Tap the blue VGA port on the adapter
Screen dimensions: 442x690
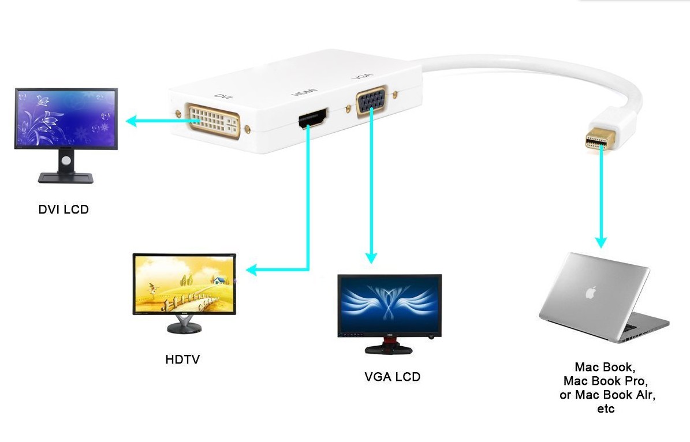371,102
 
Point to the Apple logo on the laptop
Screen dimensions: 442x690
590,293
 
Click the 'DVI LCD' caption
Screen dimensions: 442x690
64,209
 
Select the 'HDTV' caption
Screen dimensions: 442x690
182,359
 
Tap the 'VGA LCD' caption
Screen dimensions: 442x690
392,377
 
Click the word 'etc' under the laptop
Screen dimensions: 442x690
606,409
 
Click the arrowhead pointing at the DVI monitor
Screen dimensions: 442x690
132,121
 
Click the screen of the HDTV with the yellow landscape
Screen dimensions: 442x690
184,283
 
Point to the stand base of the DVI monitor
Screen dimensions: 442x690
65,178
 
